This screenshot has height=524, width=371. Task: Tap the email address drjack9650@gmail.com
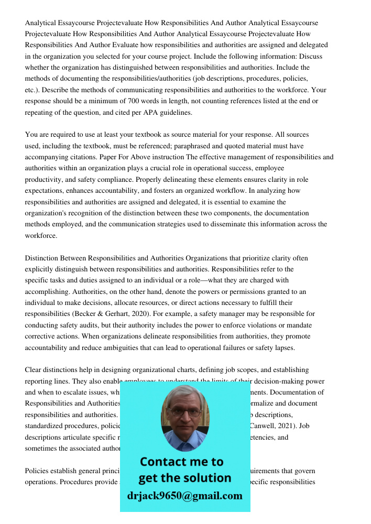point(184,496)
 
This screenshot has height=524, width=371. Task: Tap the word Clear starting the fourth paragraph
point(35,370)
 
